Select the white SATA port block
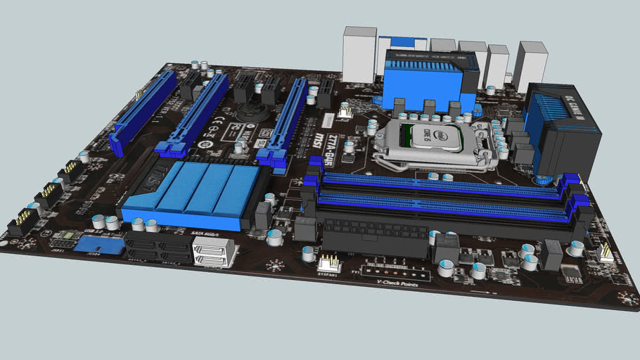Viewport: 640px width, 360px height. (212, 252)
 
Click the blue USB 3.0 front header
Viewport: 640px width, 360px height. (98, 245)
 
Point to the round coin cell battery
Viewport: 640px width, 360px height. (252, 112)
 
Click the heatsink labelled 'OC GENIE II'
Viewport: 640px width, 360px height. (563, 130)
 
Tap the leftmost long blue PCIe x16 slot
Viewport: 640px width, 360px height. (145, 112)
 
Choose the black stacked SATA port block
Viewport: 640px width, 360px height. (159, 247)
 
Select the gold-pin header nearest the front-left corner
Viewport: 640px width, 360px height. (23, 225)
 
